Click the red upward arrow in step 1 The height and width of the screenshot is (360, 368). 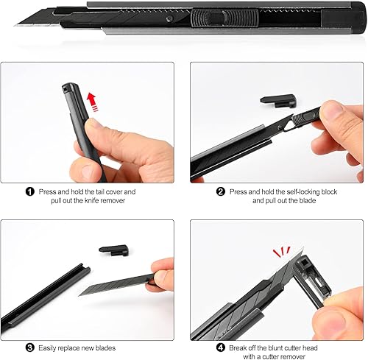(93, 102)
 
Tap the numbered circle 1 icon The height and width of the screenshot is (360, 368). (30, 191)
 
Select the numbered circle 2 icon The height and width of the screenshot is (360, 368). (221, 191)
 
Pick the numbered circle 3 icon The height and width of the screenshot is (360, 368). (30, 347)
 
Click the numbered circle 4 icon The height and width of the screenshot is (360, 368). (221, 347)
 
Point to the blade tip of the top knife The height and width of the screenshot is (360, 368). (15, 25)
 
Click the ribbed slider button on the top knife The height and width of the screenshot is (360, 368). (224, 18)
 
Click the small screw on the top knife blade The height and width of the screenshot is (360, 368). (169, 19)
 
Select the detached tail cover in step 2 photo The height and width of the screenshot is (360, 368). (278, 101)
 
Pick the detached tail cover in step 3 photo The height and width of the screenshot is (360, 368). (114, 250)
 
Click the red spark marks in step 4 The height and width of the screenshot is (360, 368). (282, 252)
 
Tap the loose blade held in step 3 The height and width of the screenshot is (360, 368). (116, 284)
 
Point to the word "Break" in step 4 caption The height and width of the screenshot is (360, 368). (238, 348)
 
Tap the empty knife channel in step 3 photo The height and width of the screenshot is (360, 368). (46, 296)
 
